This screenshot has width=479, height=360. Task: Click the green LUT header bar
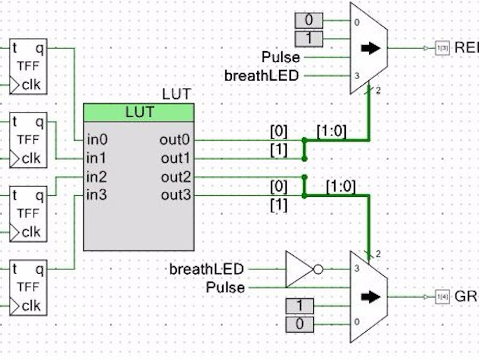pyautogui.click(x=139, y=113)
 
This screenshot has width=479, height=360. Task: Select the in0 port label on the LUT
pyautogui.click(x=98, y=140)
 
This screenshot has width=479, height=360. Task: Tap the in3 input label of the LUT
pyautogui.click(x=98, y=195)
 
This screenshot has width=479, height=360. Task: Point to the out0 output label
pyautogui.click(x=174, y=140)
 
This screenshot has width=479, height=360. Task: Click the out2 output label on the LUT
pyautogui.click(x=175, y=177)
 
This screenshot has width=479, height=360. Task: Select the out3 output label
pyautogui.click(x=175, y=195)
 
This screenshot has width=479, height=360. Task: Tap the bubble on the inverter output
pyautogui.click(x=318, y=269)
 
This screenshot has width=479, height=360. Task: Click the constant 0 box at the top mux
pyautogui.click(x=308, y=21)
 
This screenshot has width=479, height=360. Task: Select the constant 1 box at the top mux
pyautogui.click(x=308, y=39)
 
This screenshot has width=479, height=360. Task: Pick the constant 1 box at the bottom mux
pyautogui.click(x=300, y=306)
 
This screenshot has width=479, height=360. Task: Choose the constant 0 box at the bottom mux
pyautogui.click(x=300, y=324)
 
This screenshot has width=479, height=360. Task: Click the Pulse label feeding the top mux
pyautogui.click(x=280, y=57)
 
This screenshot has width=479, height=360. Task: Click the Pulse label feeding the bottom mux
pyautogui.click(x=225, y=288)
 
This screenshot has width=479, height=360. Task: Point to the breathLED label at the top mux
pyautogui.click(x=261, y=76)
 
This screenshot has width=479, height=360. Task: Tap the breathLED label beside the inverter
pyautogui.click(x=206, y=269)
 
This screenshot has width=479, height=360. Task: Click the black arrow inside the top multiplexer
pyautogui.click(x=371, y=48)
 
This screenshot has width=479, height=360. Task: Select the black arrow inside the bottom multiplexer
pyautogui.click(x=371, y=297)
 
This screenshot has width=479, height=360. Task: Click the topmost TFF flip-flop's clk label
pyautogui.click(x=31, y=84)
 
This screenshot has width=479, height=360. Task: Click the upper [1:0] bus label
pyautogui.click(x=331, y=131)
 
